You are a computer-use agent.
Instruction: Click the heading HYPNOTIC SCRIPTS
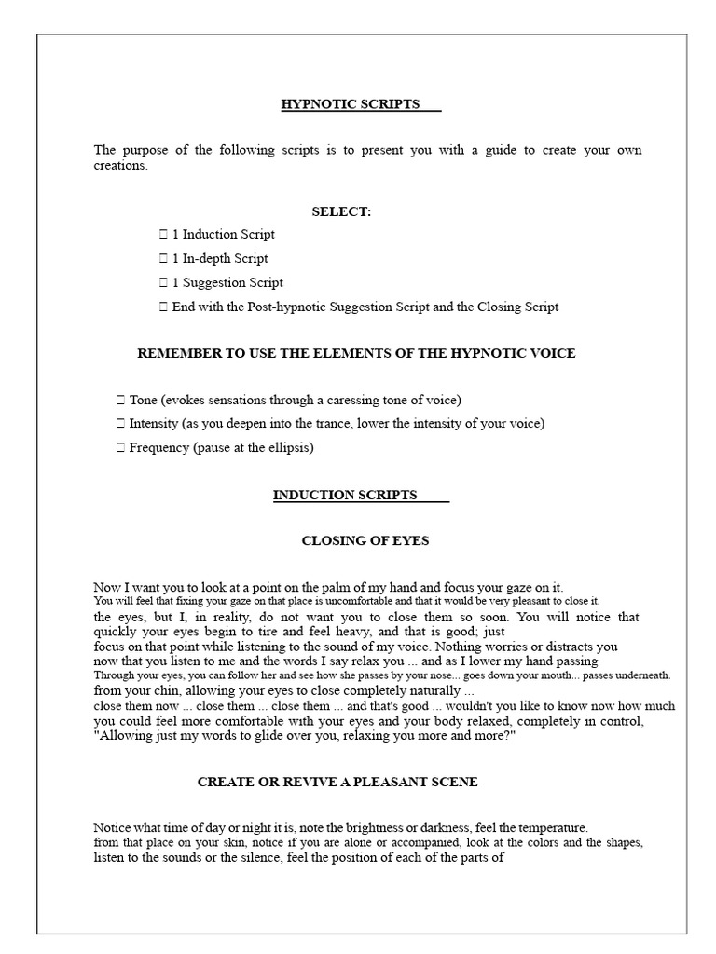click(x=351, y=104)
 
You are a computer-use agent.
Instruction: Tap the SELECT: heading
click(x=341, y=211)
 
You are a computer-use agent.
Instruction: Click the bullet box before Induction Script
click(x=164, y=235)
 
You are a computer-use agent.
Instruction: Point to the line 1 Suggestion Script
click(x=227, y=282)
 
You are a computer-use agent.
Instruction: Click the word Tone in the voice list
click(x=144, y=400)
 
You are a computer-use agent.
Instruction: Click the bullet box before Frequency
click(x=121, y=447)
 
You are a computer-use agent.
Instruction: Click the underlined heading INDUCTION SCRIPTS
click(x=345, y=495)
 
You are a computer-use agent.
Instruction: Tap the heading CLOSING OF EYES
click(x=365, y=540)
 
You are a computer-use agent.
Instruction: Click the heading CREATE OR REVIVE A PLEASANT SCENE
click(x=337, y=782)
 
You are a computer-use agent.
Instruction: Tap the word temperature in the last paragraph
click(x=552, y=827)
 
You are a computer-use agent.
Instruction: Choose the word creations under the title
click(x=119, y=166)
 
